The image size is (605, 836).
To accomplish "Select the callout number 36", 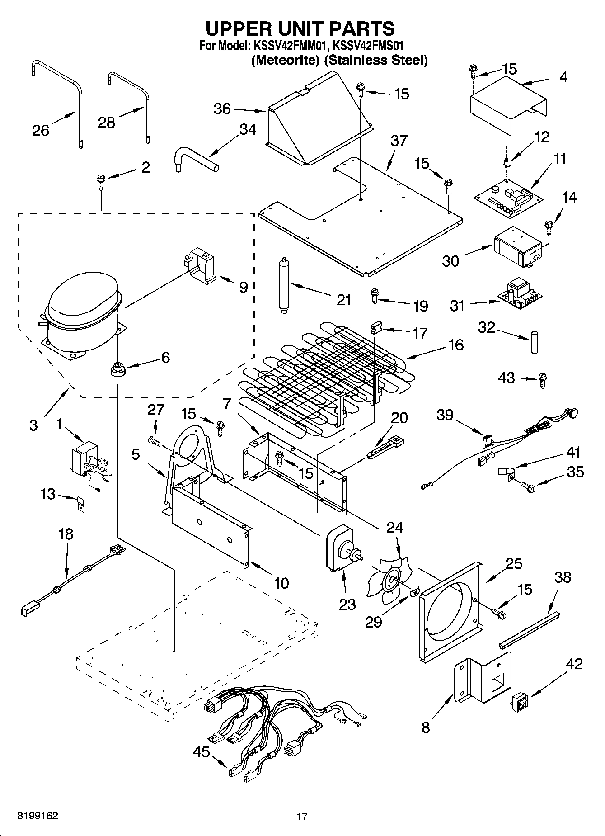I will pos(222,109).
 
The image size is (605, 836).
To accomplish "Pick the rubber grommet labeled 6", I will pos(117,369).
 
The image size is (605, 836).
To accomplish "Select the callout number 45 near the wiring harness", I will pos(201,752).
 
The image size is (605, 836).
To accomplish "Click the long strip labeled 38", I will pos(530,628).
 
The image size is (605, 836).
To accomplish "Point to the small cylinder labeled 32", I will pos(535,342).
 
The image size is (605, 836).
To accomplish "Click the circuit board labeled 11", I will pos(509,197).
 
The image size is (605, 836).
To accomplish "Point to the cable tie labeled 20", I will pos(385,448).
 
